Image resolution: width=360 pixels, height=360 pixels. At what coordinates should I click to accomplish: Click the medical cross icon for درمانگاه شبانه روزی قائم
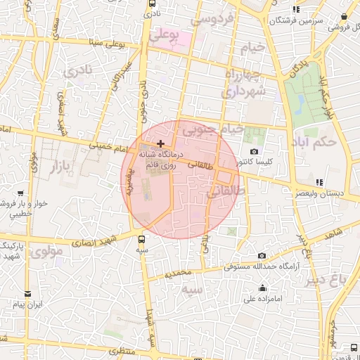[160, 143]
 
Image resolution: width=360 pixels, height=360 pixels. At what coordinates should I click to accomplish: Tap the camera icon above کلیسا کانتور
[254, 152]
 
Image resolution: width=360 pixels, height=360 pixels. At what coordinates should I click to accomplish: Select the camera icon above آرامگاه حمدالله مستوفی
[262, 256]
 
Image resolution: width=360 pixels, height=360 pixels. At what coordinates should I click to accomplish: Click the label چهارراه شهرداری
[244, 83]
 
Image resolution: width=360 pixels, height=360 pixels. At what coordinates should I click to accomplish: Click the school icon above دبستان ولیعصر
[320, 182]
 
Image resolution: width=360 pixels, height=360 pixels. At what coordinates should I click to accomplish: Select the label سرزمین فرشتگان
[318, 21]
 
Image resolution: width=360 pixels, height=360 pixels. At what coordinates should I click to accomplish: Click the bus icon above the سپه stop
[142, 239]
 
